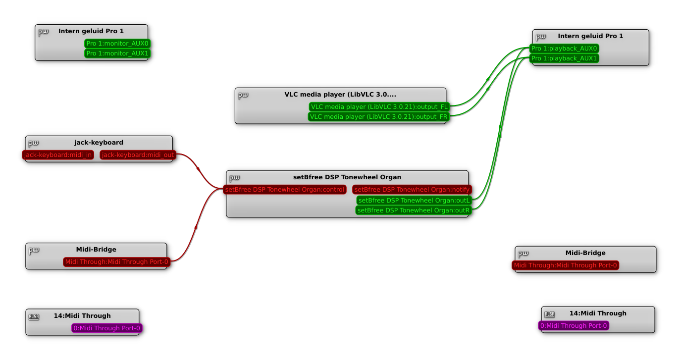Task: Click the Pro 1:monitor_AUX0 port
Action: pos(117,44)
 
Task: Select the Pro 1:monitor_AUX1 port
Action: pos(117,53)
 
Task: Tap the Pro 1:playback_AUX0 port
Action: pos(564,49)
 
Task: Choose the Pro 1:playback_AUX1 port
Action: pos(564,58)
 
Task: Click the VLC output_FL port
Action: pos(379,107)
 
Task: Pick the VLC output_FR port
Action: pos(378,117)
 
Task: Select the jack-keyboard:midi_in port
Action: pos(58,155)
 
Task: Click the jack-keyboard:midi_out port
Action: pos(138,155)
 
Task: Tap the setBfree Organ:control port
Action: pos(284,190)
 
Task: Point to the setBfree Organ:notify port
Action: pos(412,190)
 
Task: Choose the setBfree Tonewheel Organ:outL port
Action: pos(414,201)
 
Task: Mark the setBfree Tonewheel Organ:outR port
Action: pos(413,210)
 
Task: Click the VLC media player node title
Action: pos(340,95)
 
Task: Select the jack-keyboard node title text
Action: pos(99,143)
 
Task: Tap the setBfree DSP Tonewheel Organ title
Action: pos(347,177)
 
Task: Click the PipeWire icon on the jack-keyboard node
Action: pos(33,144)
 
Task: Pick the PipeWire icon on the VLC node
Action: pos(243,95)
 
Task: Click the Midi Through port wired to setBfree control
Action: pos(116,262)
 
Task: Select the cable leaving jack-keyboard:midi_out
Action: pos(198,169)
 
